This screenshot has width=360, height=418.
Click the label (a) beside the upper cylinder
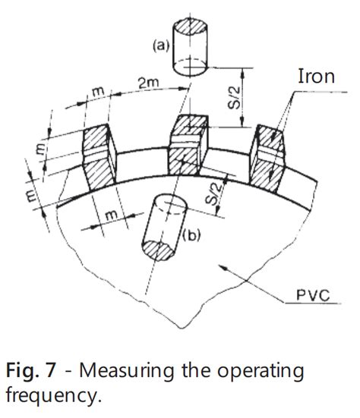coord(160,46)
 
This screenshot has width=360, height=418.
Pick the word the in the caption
coord(194,372)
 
